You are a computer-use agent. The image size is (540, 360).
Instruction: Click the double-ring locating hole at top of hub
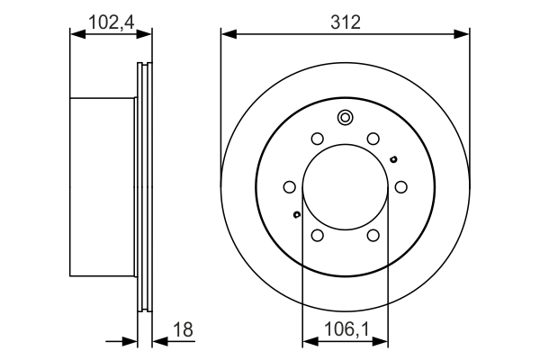click(x=345, y=117)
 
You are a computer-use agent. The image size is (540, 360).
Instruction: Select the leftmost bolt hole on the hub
click(x=289, y=187)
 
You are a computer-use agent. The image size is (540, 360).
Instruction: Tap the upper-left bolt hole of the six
click(x=317, y=139)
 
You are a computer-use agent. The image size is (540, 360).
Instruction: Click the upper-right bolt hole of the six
click(x=373, y=139)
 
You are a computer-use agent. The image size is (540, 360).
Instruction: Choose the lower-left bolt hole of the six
click(x=317, y=235)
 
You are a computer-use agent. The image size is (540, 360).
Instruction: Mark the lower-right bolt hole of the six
click(x=373, y=235)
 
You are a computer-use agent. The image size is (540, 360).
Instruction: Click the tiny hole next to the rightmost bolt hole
click(x=393, y=160)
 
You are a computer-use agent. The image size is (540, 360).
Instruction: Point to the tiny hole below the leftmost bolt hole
click(x=296, y=214)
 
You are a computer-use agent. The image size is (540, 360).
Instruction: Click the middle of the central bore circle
click(x=345, y=187)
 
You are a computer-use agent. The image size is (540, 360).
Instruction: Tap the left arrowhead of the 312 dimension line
click(x=227, y=34)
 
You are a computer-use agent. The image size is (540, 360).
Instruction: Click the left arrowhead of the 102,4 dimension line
click(x=76, y=34)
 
